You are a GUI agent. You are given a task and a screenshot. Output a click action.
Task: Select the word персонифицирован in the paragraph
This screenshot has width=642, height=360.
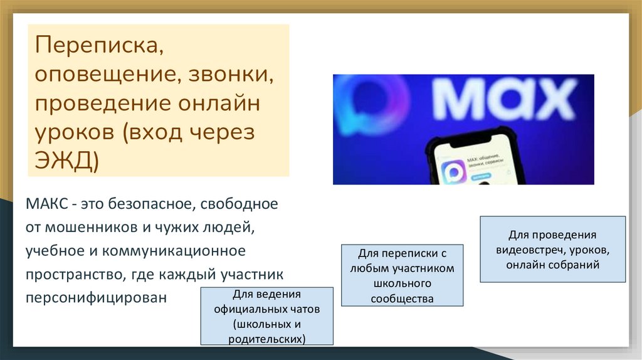coord(97,297)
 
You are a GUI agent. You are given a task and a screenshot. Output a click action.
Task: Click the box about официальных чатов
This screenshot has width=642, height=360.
coord(266,316)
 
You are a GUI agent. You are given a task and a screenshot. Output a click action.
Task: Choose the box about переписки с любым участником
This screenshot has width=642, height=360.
coord(402,275)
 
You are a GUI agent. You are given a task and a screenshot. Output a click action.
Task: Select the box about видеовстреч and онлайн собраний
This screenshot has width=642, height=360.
coord(552,249)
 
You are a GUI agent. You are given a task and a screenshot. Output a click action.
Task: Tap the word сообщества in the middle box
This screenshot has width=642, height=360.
coord(402,299)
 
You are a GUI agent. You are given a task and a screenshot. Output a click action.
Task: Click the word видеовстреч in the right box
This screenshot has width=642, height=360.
coord(527,250)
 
